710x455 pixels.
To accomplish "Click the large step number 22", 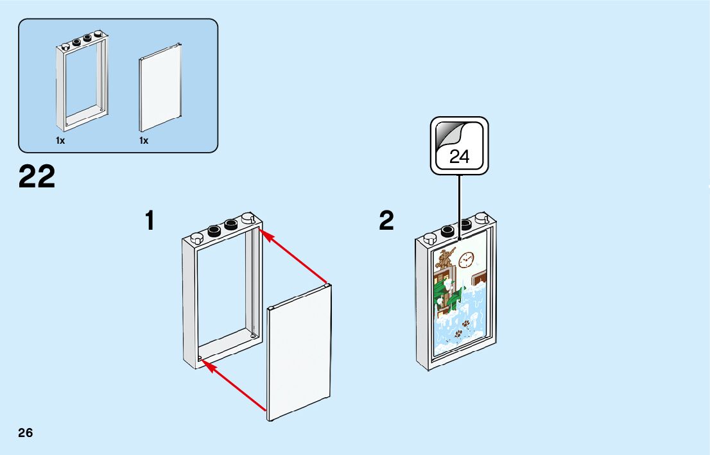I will (37, 176).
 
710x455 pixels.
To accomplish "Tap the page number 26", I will (26, 432).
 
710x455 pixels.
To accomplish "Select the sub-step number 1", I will (150, 221).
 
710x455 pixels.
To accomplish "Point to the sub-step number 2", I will (386, 221).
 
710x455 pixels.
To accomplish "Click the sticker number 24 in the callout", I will (459, 157).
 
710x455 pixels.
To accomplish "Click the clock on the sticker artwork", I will (465, 259).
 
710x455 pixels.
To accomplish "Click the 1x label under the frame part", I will (60, 141).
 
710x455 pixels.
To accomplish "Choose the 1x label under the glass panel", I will (144, 141).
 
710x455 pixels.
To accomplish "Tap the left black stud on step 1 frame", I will (214, 229).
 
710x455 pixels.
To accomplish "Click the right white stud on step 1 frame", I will (248, 219).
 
